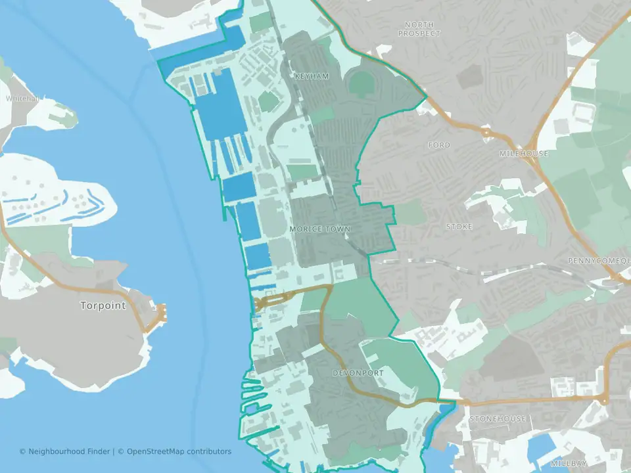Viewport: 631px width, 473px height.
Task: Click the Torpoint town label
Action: pyautogui.click(x=103, y=305)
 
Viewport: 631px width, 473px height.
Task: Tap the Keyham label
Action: pyautogui.click(x=312, y=77)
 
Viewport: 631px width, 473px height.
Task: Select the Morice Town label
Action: pyautogui.click(x=320, y=229)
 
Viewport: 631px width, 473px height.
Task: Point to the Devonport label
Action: pyautogui.click(x=358, y=373)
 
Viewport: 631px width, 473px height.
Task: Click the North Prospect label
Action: pyautogui.click(x=419, y=28)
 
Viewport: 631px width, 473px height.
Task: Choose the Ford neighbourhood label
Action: pyautogui.click(x=439, y=145)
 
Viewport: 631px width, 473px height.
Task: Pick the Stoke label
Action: pyautogui.click(x=459, y=227)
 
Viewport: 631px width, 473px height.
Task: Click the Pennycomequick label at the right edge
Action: pyautogui.click(x=598, y=261)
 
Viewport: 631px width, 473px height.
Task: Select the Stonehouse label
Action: pyautogui.click(x=498, y=418)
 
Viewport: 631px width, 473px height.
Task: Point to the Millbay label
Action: pyautogui.click(x=566, y=463)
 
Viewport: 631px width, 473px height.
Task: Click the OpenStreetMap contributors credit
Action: pyautogui.click(x=179, y=451)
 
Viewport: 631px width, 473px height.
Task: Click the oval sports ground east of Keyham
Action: pyautogui.click(x=361, y=83)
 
